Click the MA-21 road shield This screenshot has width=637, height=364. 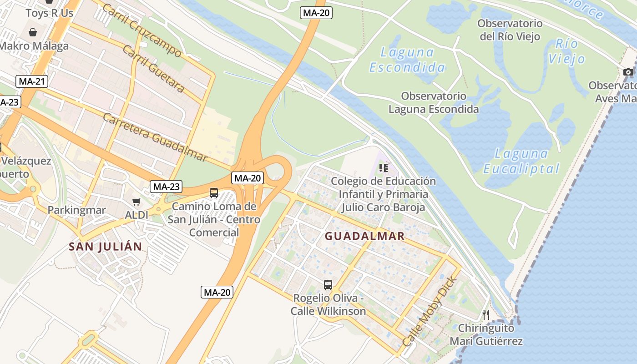pyautogui.click(x=31, y=81)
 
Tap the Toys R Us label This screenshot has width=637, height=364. pyautogui.click(x=49, y=13)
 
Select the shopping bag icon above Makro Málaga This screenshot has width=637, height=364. pyautogui.click(x=33, y=32)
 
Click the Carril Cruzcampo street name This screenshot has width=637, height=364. pyautogui.click(x=142, y=30)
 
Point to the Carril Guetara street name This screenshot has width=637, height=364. pyautogui.click(x=153, y=69)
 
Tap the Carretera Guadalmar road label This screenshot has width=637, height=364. pyautogui.click(x=155, y=137)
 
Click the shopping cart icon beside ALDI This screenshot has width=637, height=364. pyautogui.click(x=136, y=202)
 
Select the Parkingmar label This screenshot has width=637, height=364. pyautogui.click(x=76, y=210)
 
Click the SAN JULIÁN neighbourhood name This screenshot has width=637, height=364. pyautogui.click(x=105, y=247)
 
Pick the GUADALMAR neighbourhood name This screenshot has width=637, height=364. pyautogui.click(x=365, y=236)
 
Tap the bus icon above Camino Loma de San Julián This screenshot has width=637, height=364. pyautogui.click(x=214, y=193)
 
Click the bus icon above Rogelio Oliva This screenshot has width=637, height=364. pyautogui.click(x=328, y=285)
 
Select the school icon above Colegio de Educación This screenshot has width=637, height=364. pyautogui.click(x=384, y=168)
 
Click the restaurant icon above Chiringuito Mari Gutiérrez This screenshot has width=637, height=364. pyautogui.click(x=486, y=314)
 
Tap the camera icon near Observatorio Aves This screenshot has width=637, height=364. pyautogui.click(x=628, y=72)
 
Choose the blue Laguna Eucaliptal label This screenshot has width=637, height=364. pyautogui.click(x=521, y=161)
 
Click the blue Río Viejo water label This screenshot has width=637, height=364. pyautogui.click(x=566, y=51)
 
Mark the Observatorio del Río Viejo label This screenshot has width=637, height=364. pyautogui.click(x=510, y=30)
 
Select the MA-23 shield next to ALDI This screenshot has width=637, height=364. pyautogui.click(x=166, y=186)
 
